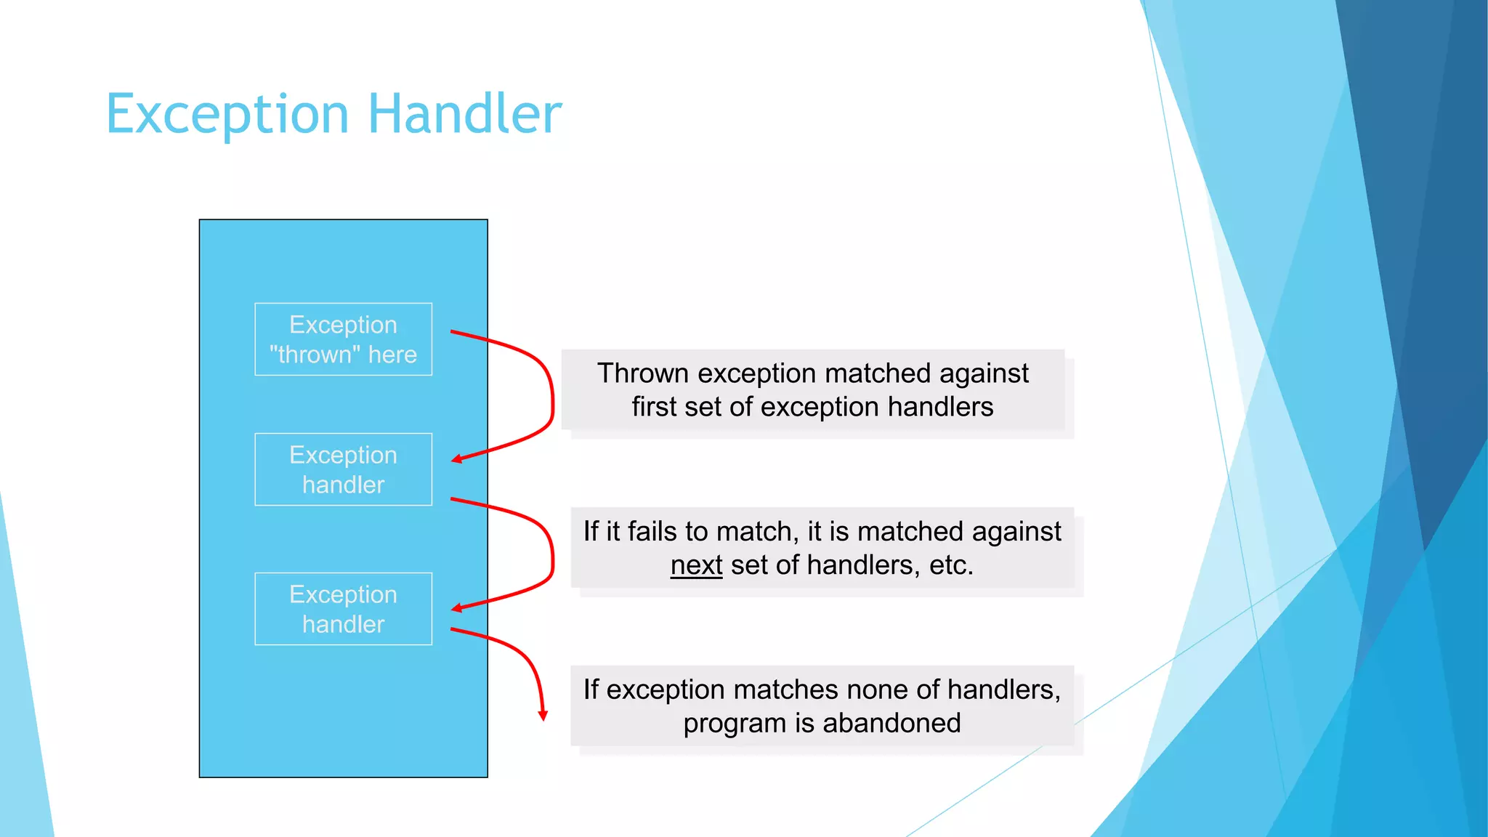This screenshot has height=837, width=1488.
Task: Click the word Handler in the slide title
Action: (465, 115)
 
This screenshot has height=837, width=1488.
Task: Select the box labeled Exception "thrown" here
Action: (343, 339)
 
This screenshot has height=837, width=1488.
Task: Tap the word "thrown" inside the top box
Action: (315, 355)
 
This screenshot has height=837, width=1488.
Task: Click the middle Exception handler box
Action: (343, 469)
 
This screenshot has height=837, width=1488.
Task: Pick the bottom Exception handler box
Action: (343, 609)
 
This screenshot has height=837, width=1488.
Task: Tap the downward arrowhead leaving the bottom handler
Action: (543, 715)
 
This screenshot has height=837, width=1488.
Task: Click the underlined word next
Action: (696, 565)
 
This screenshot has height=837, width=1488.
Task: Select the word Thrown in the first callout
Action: (642, 373)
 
